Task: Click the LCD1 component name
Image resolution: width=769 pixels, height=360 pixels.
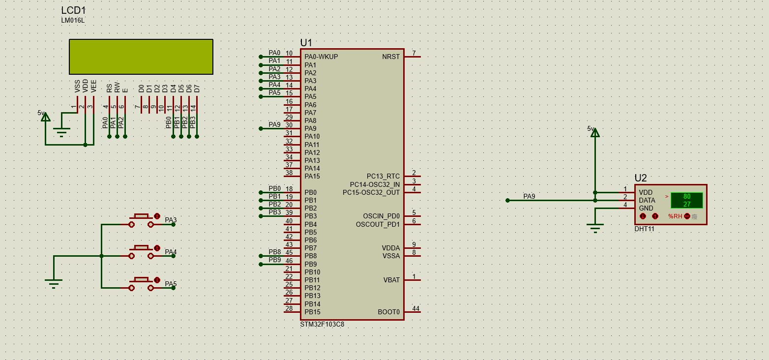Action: point(73,10)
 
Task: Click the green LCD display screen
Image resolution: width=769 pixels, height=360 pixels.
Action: point(141,57)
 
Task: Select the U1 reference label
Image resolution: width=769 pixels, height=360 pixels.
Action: point(306,43)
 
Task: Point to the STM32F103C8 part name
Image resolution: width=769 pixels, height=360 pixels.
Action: point(322,324)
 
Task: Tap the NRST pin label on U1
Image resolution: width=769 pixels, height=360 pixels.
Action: point(391,57)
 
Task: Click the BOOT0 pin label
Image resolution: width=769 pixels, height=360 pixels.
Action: point(388,312)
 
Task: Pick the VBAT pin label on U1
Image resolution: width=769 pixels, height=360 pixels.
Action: point(391,280)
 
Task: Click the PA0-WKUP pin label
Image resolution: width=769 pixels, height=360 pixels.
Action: point(321,57)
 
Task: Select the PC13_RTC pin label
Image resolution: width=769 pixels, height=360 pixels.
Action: point(383,176)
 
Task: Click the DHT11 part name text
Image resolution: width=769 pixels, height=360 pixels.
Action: point(645,229)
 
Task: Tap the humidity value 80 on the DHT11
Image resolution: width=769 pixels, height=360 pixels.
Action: point(686,197)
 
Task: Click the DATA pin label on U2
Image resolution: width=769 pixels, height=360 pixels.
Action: point(647,200)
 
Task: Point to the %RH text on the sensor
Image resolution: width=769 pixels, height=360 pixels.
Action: point(675,216)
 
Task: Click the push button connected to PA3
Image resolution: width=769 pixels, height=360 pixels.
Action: point(141,220)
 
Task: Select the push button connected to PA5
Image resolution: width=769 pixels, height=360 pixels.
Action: point(141,284)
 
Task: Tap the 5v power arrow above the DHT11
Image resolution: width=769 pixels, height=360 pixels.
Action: point(595,133)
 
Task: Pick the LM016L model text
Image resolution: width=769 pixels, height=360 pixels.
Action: point(73,21)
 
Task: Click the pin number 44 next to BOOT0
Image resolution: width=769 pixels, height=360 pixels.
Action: point(416,308)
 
